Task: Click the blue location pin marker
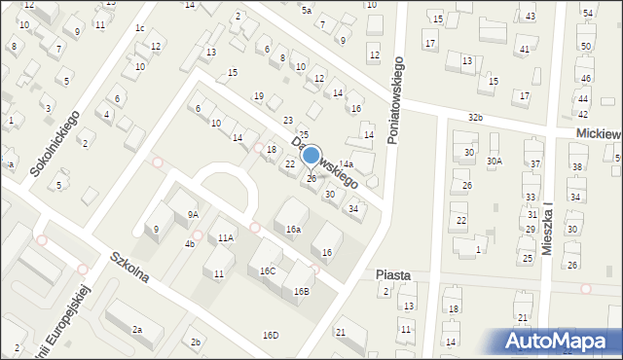(x=311, y=156)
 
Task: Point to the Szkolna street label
(x=129, y=268)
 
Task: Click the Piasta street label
(x=393, y=275)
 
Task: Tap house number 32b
(x=475, y=118)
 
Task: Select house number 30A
(x=495, y=162)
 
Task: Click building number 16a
(x=293, y=230)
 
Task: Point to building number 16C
(x=267, y=270)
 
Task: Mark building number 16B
(x=301, y=291)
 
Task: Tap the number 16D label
(x=270, y=336)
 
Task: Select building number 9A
(x=193, y=214)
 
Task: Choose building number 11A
(x=226, y=237)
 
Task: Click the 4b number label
(x=190, y=243)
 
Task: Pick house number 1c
(x=140, y=28)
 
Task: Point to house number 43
(x=530, y=18)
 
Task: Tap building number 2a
(x=137, y=330)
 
